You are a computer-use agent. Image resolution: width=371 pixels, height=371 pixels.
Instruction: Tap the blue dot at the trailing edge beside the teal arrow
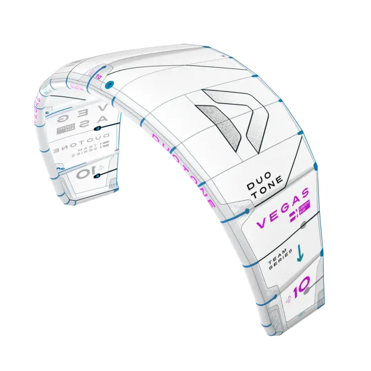[322, 253]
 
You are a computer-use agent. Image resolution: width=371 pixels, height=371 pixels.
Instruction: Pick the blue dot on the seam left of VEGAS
[247, 212]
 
